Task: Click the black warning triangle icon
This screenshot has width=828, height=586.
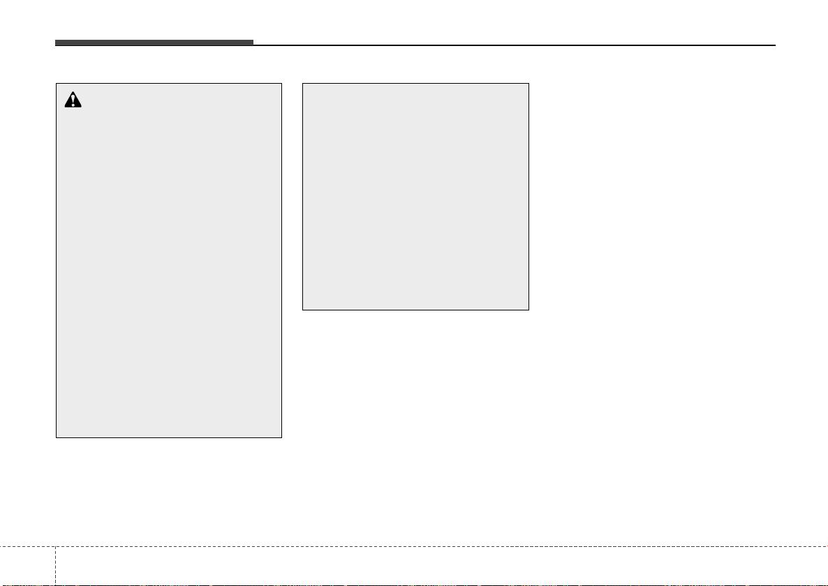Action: [73, 100]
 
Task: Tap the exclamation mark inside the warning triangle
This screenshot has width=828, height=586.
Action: [73, 102]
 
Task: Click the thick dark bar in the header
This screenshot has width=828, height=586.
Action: [154, 43]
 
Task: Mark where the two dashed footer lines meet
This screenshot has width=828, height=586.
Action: [54, 546]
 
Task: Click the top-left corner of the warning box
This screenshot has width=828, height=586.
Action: [57, 84]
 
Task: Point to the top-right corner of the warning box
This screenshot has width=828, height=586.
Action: [281, 84]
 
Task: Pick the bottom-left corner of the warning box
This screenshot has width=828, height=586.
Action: [57, 437]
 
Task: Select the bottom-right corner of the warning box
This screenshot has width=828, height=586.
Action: [281, 437]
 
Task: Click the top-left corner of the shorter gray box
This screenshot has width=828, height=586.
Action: [302, 84]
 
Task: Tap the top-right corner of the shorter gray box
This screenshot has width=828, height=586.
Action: [528, 84]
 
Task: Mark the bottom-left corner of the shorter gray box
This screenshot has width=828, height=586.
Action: [302, 310]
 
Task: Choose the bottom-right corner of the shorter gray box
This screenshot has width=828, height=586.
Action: [528, 310]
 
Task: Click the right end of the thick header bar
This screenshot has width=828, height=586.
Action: [253, 43]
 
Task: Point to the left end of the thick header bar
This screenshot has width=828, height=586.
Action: [56, 43]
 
